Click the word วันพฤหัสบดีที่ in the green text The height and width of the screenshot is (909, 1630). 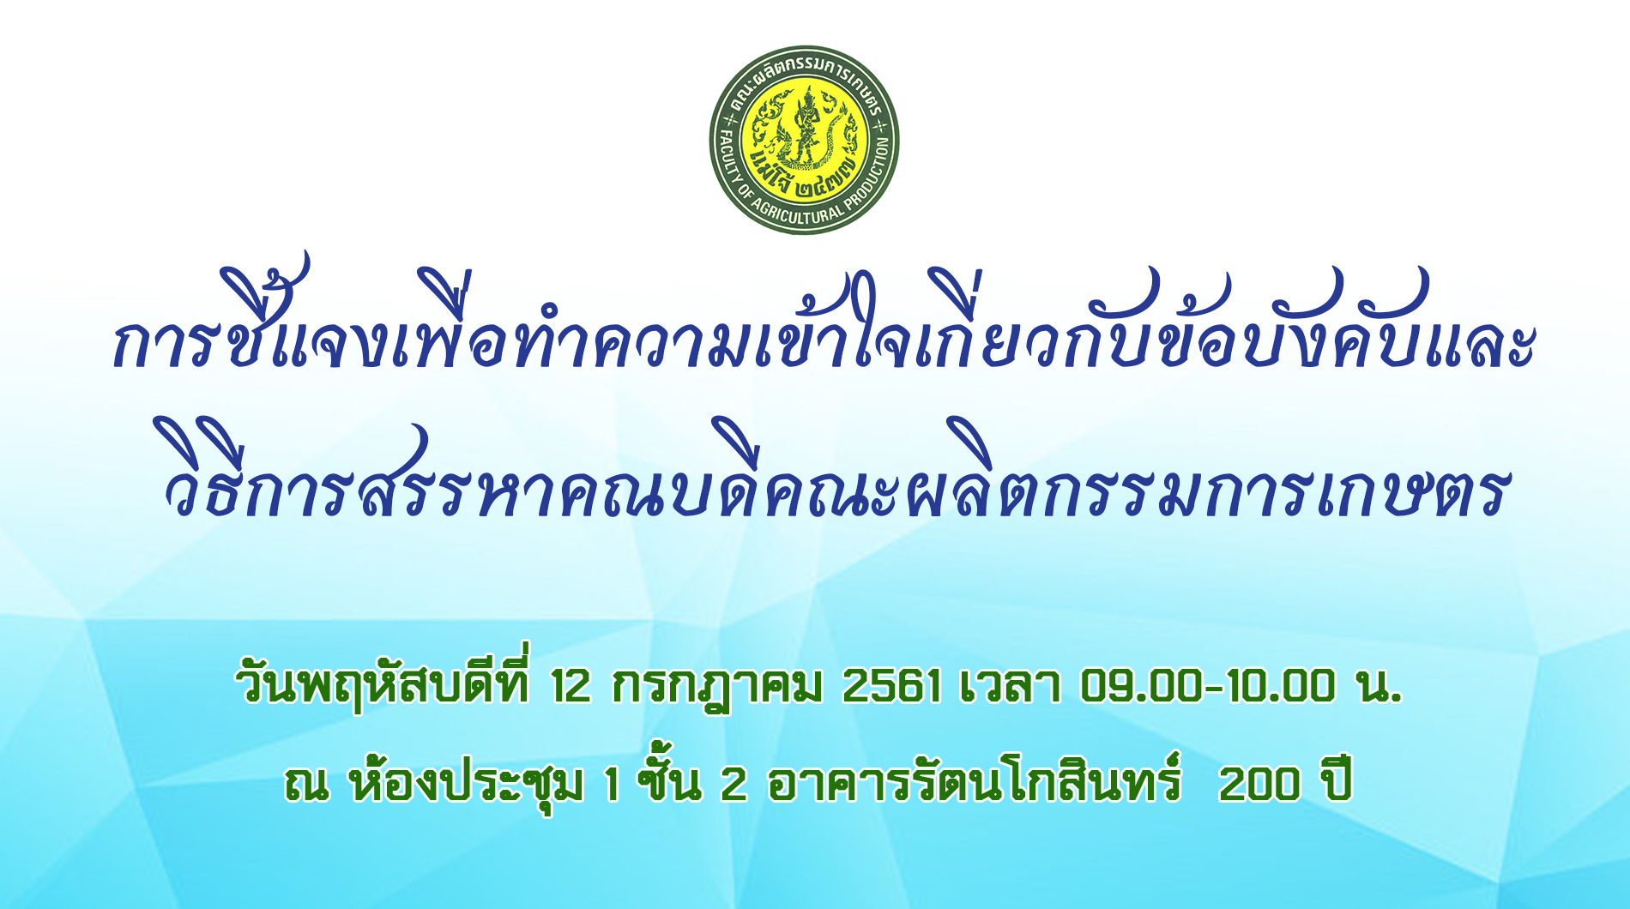(384, 683)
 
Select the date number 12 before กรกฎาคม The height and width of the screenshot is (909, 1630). (571, 686)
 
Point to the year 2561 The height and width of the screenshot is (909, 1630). (891, 686)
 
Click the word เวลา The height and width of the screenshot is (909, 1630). (1010, 686)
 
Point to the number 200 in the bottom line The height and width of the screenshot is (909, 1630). (1259, 784)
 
